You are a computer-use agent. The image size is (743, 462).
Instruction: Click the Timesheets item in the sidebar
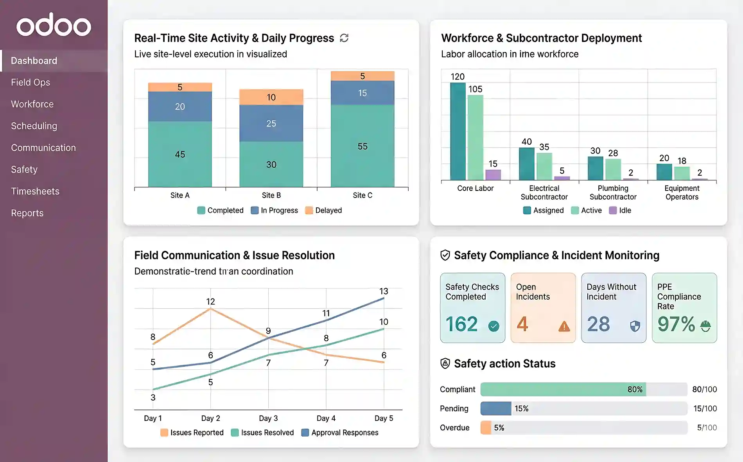(x=35, y=191)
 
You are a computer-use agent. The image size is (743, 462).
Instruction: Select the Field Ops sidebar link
(x=31, y=83)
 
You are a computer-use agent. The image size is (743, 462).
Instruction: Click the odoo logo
(x=54, y=25)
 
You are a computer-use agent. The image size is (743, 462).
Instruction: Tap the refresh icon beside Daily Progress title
(x=344, y=38)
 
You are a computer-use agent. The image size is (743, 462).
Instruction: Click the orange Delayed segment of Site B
(x=271, y=97)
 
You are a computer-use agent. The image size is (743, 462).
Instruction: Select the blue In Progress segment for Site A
(x=180, y=106)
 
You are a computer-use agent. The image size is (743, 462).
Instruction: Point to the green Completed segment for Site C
(x=363, y=146)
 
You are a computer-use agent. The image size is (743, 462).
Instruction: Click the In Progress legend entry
(x=275, y=210)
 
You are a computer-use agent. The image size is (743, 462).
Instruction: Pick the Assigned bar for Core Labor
(x=458, y=131)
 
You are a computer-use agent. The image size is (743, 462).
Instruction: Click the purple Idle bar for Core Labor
(x=493, y=174)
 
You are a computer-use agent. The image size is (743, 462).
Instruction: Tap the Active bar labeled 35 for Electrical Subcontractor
(x=544, y=166)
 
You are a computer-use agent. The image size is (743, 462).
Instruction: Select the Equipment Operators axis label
(x=682, y=192)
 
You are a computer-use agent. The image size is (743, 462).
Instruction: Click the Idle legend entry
(x=620, y=210)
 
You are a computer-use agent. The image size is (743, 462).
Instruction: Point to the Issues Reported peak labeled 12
(x=210, y=309)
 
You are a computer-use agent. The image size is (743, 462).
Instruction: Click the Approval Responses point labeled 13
(x=384, y=298)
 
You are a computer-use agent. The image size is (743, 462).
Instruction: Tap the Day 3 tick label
(x=268, y=418)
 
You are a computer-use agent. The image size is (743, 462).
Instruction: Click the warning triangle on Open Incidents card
(x=564, y=326)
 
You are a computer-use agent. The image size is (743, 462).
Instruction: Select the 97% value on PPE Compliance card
(x=676, y=324)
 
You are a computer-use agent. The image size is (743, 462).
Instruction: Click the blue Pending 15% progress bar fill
(x=495, y=408)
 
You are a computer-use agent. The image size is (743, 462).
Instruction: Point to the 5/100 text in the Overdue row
(x=707, y=428)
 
